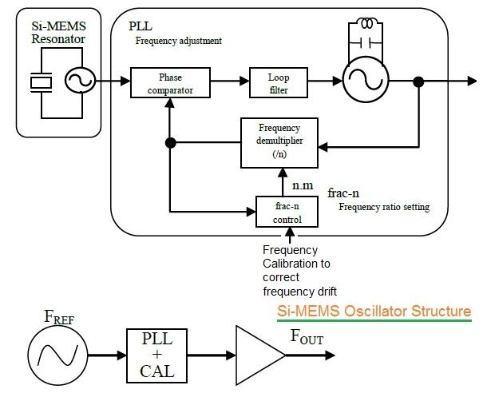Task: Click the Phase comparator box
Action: (x=171, y=81)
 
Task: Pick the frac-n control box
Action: (x=285, y=212)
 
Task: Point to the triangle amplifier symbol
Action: (x=255, y=352)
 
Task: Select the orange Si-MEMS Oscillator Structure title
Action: (x=374, y=311)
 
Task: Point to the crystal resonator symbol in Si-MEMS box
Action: (x=40, y=81)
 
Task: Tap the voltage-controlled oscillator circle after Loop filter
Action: (x=365, y=81)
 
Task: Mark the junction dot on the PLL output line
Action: (x=418, y=81)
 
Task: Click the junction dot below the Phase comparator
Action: (x=170, y=144)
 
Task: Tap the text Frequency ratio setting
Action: (x=383, y=207)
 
